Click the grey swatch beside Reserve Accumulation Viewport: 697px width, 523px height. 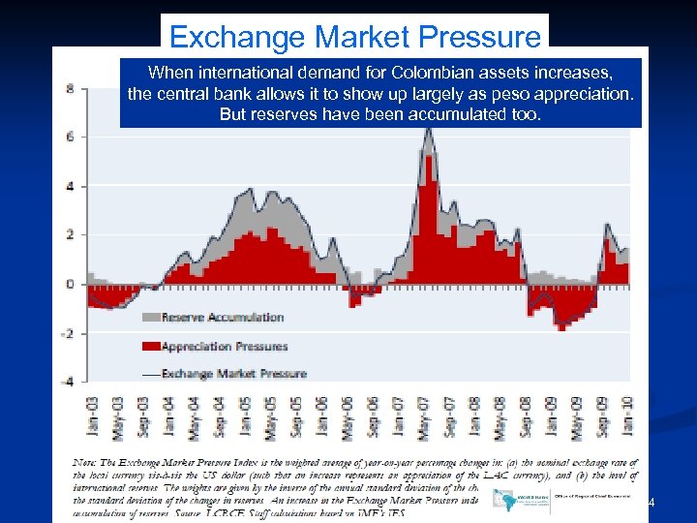150,318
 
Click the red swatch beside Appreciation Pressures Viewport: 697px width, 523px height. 150,346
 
